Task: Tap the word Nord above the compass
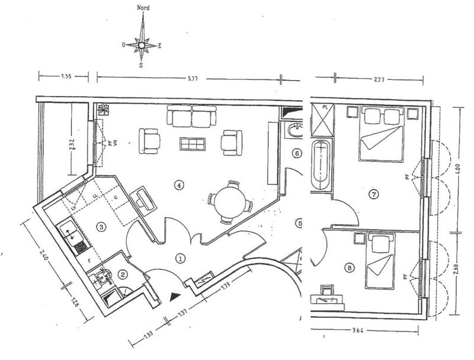[x=142, y=8]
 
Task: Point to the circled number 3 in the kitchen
[x=102, y=226]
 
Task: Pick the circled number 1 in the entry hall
[x=181, y=258]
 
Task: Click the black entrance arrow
[x=174, y=296]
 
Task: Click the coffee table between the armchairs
[x=193, y=144]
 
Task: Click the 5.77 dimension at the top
[x=190, y=77]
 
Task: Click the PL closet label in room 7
[x=325, y=107]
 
